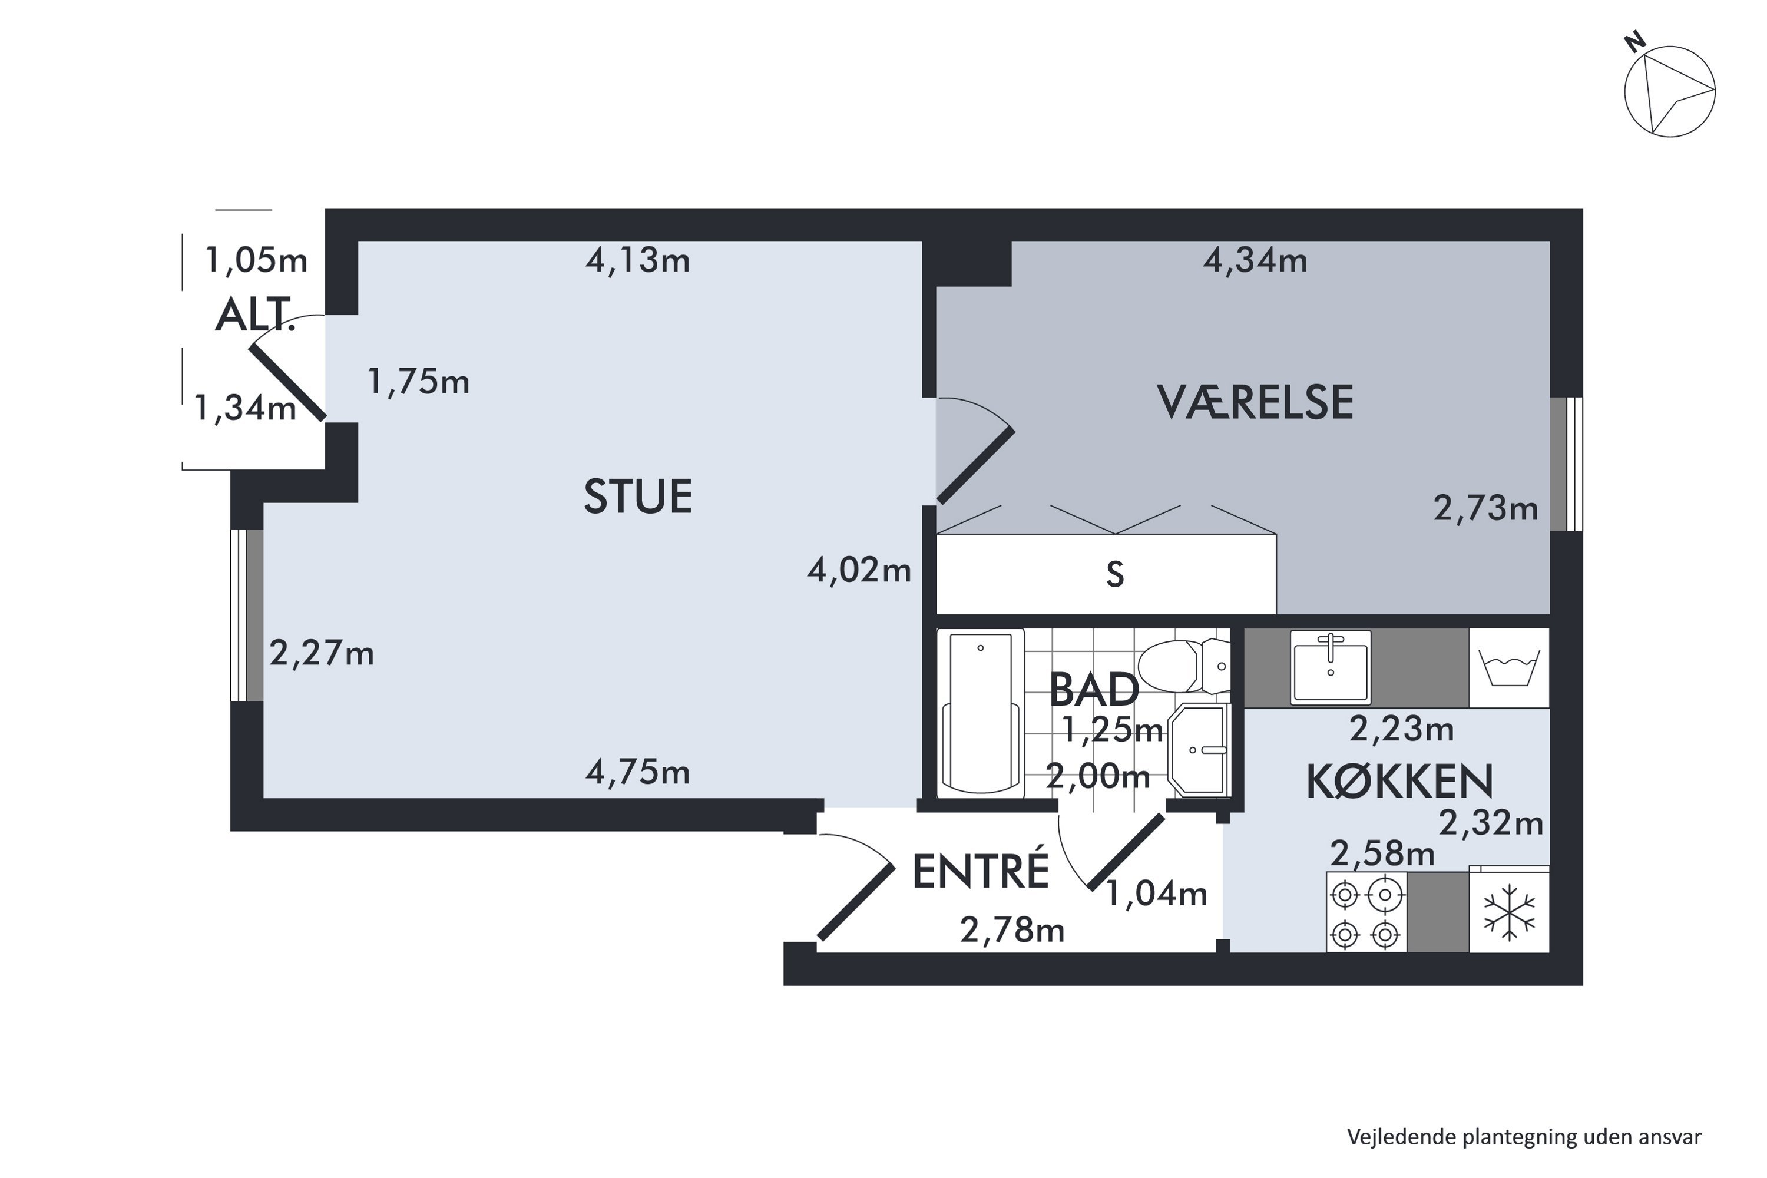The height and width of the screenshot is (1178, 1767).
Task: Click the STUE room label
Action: pyautogui.click(x=637, y=497)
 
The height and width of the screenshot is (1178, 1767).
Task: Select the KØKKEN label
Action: pyautogui.click(x=1399, y=782)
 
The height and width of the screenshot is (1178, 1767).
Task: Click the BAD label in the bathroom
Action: pyautogui.click(x=1093, y=690)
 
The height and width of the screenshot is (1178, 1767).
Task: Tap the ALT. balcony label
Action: pyautogui.click(x=254, y=316)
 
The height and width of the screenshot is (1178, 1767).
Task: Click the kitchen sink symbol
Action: pyautogui.click(x=1330, y=667)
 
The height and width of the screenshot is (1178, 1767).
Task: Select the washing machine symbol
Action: pyautogui.click(x=1508, y=667)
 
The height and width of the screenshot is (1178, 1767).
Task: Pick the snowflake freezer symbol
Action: pyautogui.click(x=1508, y=913)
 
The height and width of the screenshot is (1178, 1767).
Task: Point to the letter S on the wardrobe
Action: pyautogui.click(x=1115, y=575)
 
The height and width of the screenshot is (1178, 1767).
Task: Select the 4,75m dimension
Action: pyautogui.click(x=637, y=772)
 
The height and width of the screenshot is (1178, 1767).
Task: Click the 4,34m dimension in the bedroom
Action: pyautogui.click(x=1255, y=261)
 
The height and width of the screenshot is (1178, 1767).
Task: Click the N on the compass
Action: pyautogui.click(x=1635, y=43)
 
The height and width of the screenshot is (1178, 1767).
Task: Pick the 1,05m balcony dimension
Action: pyautogui.click(x=256, y=261)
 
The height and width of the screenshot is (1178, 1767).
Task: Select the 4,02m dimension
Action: pyautogui.click(x=859, y=570)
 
